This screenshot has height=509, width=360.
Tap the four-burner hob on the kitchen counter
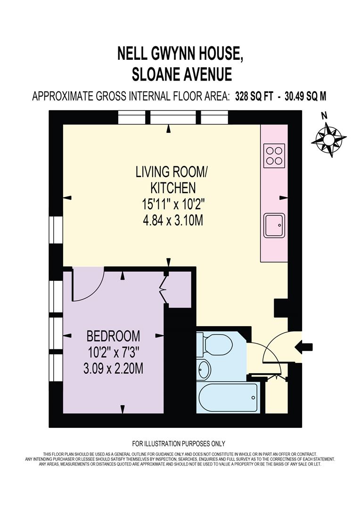coord(274,156)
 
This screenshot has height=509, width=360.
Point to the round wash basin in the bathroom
coord(204,369)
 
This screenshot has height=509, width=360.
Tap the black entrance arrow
coord(303,347)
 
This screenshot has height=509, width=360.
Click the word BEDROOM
coord(113,336)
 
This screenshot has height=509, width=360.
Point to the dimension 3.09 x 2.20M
coord(113,368)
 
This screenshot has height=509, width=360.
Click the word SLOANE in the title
coord(150,74)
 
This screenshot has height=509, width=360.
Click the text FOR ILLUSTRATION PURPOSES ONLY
coord(179,443)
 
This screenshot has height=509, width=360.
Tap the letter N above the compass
coord(324,115)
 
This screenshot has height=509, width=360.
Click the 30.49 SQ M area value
coord(304,96)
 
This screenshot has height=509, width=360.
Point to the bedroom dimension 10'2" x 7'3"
coord(113,352)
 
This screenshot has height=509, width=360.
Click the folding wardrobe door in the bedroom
coord(165,288)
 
